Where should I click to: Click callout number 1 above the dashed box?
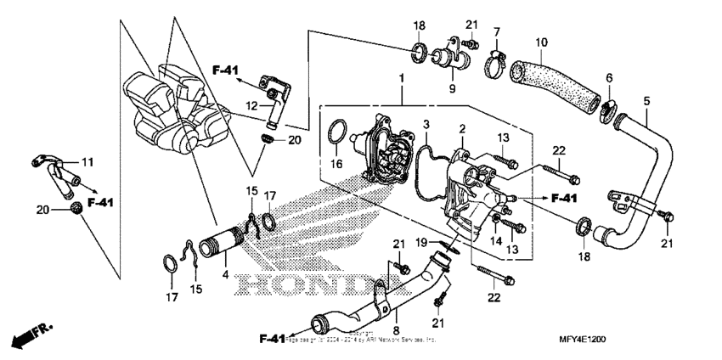point(399,79)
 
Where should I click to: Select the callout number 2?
point(462,128)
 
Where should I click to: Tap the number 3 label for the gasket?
point(427,126)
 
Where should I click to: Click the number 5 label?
point(646,100)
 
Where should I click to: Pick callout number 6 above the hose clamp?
point(608,79)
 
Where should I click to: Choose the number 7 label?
point(496,31)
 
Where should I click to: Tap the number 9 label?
point(453,87)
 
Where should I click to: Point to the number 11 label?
point(87,160)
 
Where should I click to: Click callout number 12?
point(251,105)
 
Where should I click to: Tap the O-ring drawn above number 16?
point(336,133)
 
